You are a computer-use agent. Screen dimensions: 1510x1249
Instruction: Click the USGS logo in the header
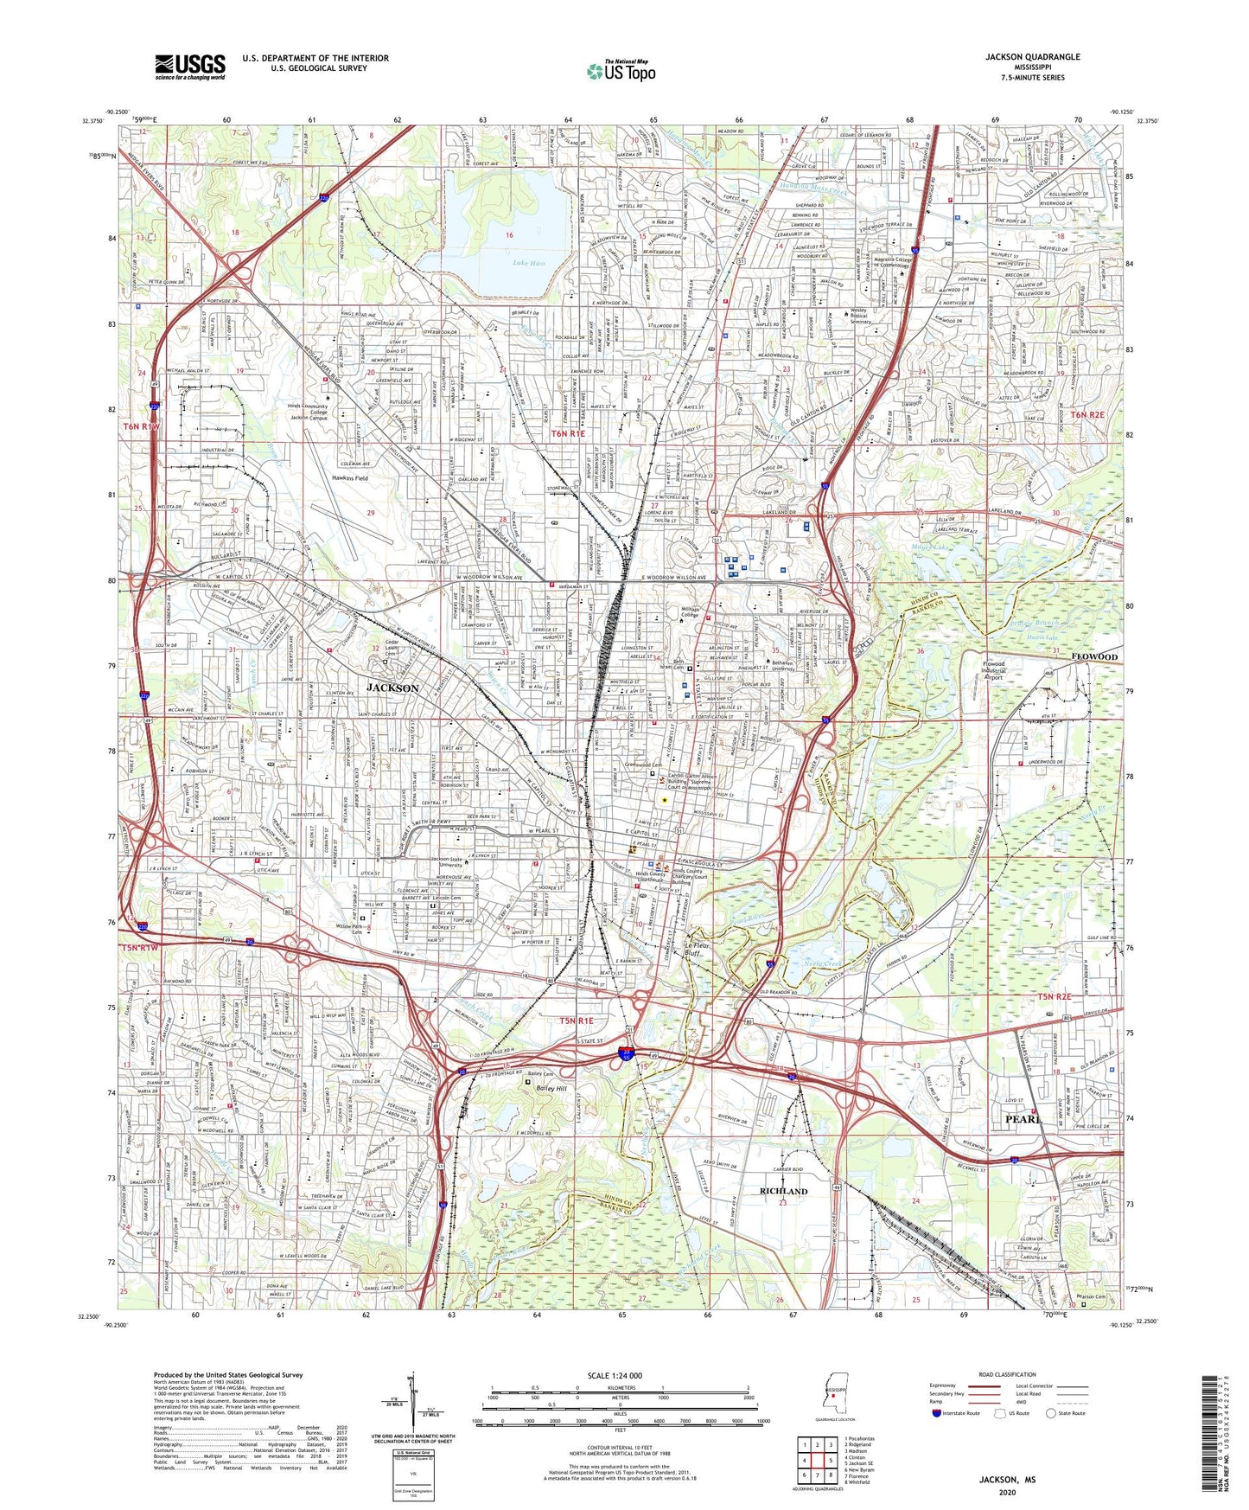pos(190,66)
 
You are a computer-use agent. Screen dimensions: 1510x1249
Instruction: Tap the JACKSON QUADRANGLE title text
pos(1032,57)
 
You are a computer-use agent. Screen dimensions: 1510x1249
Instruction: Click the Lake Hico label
pos(529,263)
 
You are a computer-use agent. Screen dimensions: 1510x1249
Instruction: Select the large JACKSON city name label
pos(392,688)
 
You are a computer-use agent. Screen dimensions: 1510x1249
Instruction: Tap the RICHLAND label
pos(783,1191)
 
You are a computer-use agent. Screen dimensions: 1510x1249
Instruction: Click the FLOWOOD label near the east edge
pos(1095,656)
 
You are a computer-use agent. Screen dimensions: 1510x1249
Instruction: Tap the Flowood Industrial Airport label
pos(1006,671)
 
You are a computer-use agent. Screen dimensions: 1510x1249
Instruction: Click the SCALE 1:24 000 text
pos(615,1376)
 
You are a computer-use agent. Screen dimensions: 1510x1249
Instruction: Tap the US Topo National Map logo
pos(621,71)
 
